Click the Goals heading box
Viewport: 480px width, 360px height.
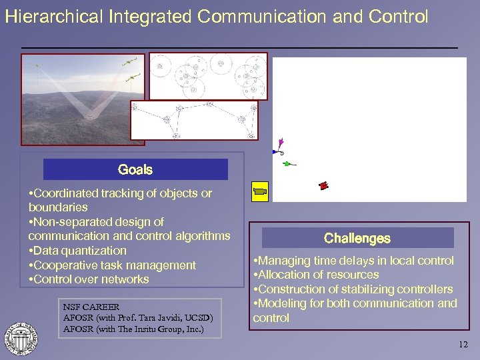click(x=135, y=169)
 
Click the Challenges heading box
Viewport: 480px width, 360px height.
click(x=357, y=238)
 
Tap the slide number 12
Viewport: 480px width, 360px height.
click(x=463, y=345)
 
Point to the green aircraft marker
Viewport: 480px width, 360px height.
click(x=287, y=163)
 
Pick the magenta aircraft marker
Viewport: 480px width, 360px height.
click(x=281, y=142)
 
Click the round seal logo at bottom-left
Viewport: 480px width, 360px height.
click(x=21, y=338)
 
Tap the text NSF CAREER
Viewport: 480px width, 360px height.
click(x=91, y=307)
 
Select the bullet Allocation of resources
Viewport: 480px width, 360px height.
click(x=318, y=275)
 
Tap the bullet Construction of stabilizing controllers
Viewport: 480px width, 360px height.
click(x=355, y=289)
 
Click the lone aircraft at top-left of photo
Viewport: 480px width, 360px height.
click(x=37, y=65)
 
